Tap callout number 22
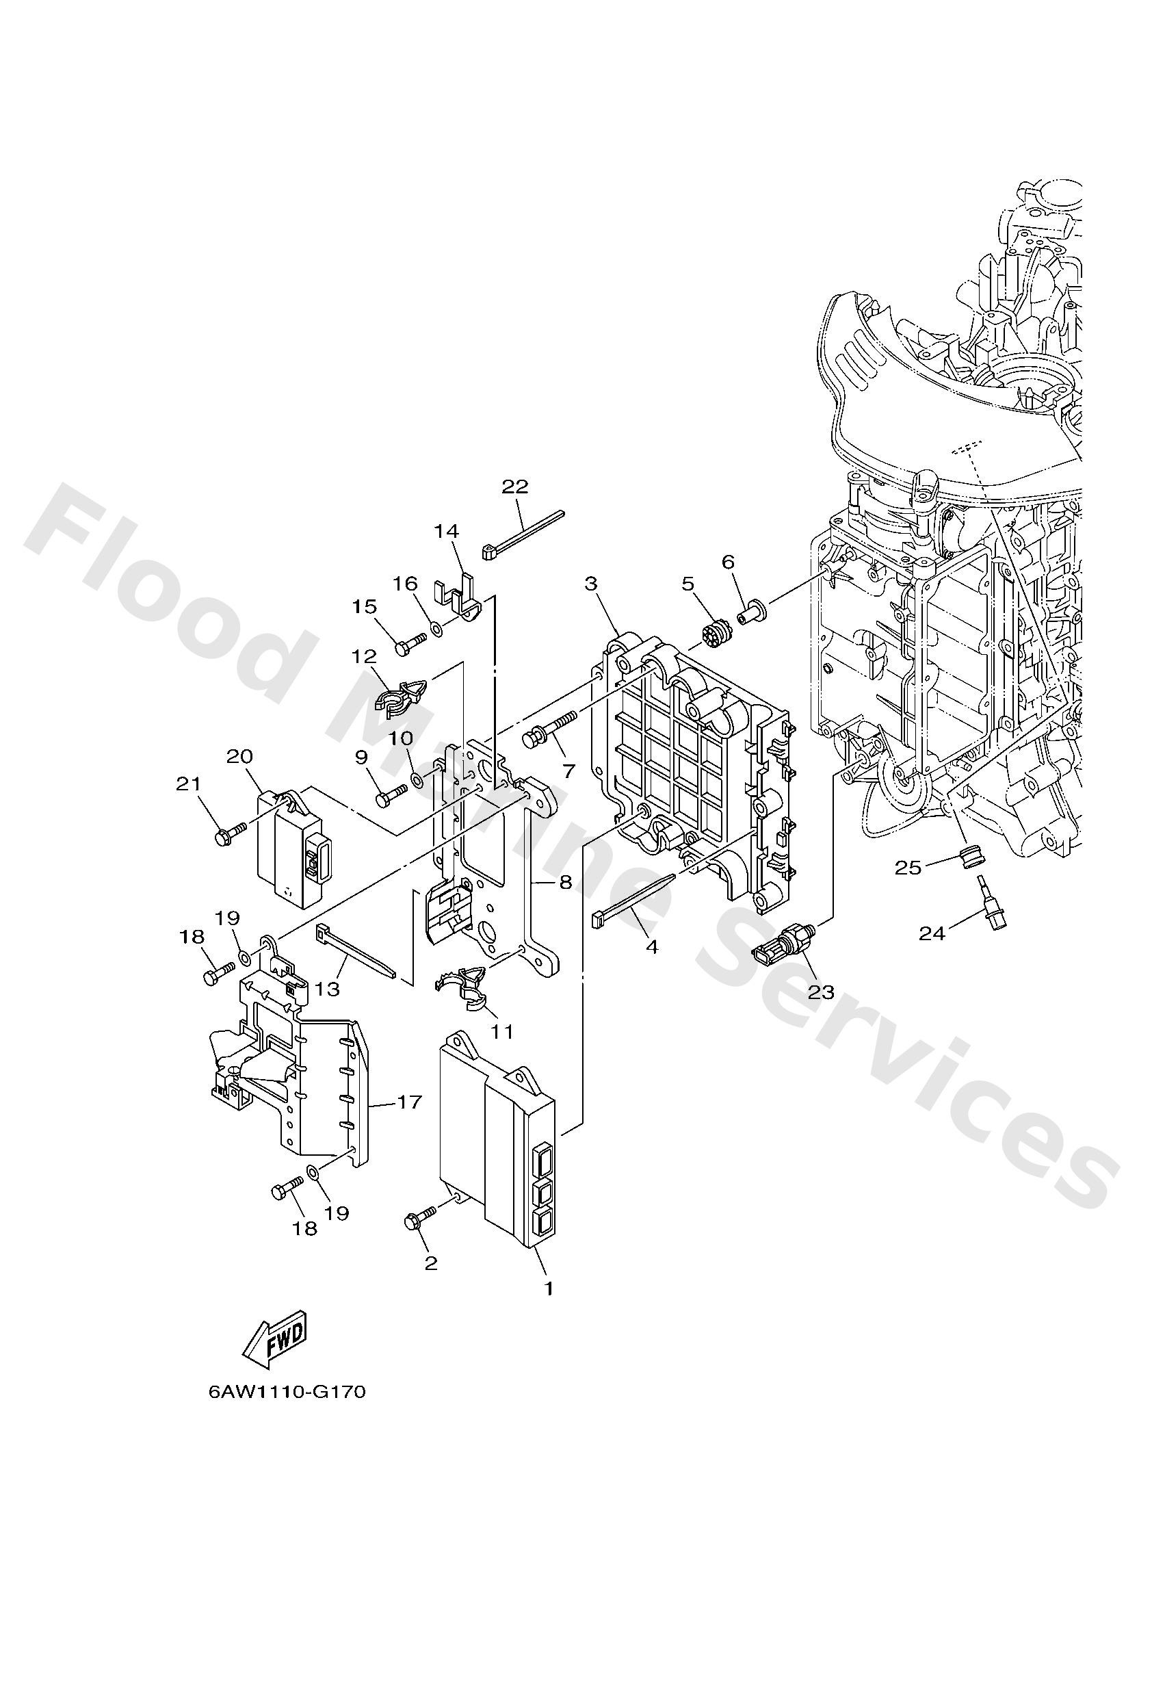[514, 487]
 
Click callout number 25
[909, 868]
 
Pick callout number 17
[410, 1101]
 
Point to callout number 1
[548, 1288]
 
